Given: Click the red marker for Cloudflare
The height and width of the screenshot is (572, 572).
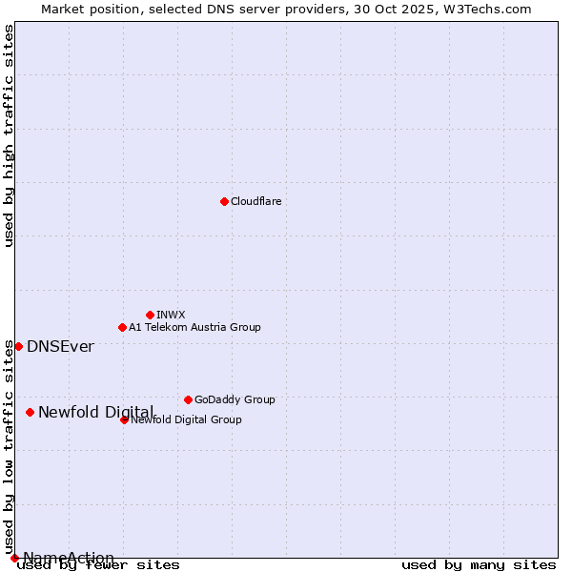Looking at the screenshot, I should click(x=224, y=201).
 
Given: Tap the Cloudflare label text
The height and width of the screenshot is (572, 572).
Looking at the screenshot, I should click(x=255, y=201).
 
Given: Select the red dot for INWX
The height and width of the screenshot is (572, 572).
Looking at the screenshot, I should click(x=150, y=315).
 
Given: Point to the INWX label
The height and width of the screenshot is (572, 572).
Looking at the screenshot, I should click(x=171, y=315).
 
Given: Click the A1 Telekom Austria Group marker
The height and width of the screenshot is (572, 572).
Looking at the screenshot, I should click(x=122, y=327).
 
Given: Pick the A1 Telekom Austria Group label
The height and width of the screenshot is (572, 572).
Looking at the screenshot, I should click(x=194, y=327).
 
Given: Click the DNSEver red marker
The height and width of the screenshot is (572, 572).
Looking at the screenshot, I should click(x=18, y=346).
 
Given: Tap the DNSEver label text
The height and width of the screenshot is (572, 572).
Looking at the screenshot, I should click(x=60, y=346).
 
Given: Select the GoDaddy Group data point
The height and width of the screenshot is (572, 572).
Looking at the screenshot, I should click(x=188, y=399).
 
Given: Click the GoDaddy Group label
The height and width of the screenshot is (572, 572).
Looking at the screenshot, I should click(x=235, y=399).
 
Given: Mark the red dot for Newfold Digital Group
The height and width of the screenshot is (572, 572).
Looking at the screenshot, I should click(x=124, y=419).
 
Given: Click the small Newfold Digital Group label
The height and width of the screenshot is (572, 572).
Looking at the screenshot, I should click(x=187, y=420).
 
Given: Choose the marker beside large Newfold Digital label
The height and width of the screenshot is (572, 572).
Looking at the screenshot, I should click(x=30, y=412).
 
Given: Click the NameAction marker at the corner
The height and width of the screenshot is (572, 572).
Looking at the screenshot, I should click(x=14, y=558).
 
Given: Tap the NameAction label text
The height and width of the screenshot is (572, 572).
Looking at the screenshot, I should click(x=69, y=558).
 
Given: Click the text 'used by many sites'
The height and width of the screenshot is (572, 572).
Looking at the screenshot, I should click(x=479, y=565).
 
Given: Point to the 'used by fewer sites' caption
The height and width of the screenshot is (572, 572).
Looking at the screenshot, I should click(x=99, y=565).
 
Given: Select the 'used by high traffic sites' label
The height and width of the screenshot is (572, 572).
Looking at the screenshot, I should click(x=10, y=135).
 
